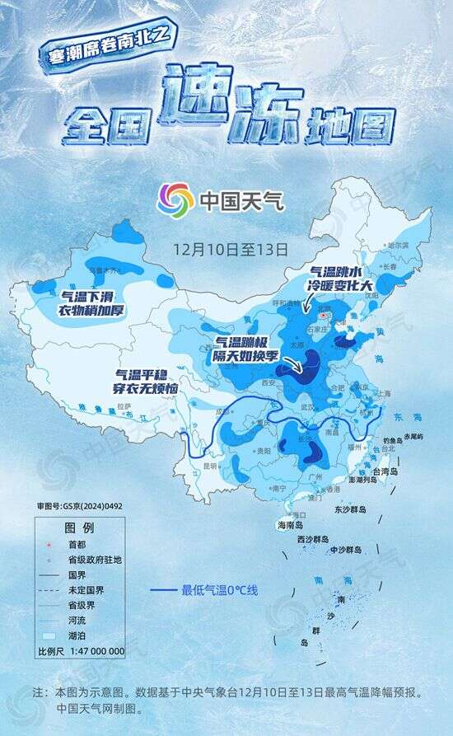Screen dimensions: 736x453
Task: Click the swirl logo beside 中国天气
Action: coord(175,199)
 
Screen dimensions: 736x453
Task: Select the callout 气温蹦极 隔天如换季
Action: coord(248,348)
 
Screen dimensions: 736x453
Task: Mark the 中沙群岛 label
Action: coord(346,549)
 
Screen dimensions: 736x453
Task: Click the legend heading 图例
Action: coord(79,527)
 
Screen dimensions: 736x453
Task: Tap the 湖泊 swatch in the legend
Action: coord(48,636)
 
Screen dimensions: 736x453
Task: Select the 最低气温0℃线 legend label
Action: coord(220,589)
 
